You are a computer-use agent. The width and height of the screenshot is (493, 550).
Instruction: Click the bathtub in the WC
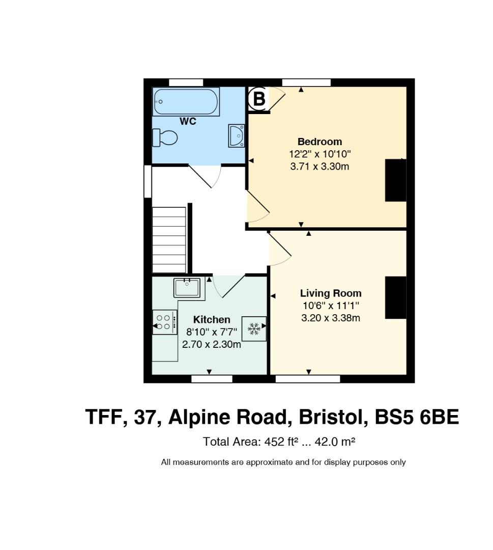click(186, 101)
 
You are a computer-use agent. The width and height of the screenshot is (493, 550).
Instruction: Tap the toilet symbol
click(165, 137)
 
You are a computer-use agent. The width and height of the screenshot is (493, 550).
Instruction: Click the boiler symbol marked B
click(258, 99)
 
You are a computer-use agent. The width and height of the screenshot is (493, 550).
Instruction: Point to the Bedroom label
click(320, 142)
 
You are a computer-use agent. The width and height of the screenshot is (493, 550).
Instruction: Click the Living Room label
click(330, 293)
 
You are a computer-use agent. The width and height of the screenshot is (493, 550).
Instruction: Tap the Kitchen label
click(212, 319)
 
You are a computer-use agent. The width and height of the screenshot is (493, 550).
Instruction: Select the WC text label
click(188, 121)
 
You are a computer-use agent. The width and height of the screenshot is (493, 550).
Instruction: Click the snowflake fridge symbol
click(254, 328)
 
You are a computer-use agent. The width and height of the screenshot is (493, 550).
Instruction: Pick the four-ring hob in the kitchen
click(165, 322)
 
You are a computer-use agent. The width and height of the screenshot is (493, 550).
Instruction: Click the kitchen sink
click(187, 288)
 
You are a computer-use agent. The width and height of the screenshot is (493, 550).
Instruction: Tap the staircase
click(169, 240)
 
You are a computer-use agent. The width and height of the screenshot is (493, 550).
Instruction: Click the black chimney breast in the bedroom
click(396, 180)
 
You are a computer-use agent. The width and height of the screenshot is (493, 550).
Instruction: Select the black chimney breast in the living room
click(396, 297)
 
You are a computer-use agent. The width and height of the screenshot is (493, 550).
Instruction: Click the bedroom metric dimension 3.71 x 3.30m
click(320, 166)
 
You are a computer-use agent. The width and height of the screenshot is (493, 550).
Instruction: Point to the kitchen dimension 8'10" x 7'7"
click(212, 332)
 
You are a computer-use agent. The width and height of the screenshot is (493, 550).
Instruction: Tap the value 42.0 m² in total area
click(335, 442)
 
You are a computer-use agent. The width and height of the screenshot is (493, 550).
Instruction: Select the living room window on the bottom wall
click(308, 379)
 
